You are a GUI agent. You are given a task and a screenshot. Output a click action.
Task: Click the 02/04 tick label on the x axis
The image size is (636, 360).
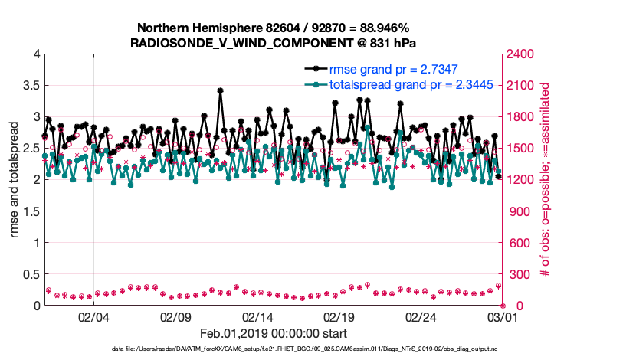93,316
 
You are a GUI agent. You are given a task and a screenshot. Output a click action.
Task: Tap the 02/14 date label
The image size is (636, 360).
257,316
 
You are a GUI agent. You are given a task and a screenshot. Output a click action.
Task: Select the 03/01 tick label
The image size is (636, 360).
503,316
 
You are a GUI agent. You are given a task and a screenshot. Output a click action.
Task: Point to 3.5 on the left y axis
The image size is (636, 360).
31,85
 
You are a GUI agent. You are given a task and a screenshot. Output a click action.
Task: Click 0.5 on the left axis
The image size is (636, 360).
31,274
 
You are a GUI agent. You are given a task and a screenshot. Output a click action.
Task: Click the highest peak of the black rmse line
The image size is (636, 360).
220,90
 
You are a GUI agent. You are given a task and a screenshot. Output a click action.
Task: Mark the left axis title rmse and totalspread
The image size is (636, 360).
15,179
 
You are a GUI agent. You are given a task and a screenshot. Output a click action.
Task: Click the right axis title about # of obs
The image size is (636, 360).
546,179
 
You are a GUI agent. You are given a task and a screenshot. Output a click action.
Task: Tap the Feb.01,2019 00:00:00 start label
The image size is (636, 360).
273,333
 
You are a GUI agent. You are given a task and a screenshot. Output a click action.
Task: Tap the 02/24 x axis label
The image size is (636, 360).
421,316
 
